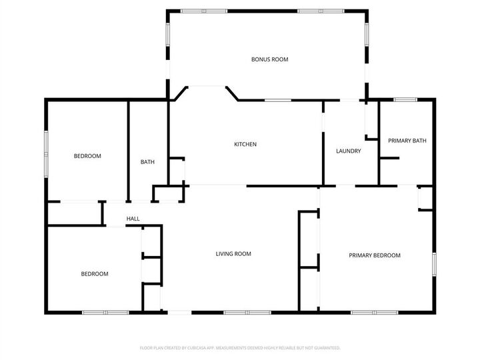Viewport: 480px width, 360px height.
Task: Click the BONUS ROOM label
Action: click(269, 59)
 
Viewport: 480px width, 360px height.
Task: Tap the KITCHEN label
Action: click(245, 144)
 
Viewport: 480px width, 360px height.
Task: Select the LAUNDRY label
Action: click(349, 151)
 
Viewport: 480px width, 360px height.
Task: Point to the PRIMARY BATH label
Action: click(407, 140)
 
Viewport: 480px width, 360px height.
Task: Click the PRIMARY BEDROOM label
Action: click(375, 255)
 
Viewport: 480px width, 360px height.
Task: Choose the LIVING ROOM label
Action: click(233, 253)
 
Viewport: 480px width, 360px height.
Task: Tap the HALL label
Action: click(133, 219)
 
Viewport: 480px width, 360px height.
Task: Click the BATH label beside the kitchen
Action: click(147, 161)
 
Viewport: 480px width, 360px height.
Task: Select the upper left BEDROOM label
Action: click(87, 156)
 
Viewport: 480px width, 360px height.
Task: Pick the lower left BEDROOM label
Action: click(95, 273)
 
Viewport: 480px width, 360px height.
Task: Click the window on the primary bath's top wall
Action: click(405, 100)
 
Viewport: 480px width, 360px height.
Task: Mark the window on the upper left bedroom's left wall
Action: click(46, 153)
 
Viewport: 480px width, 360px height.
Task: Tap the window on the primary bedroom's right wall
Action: click(433, 263)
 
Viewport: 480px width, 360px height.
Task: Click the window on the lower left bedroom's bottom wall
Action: click(105, 312)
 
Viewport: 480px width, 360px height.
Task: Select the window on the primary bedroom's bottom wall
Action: click(375, 312)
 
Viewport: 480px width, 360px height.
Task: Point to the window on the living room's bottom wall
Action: click(247, 312)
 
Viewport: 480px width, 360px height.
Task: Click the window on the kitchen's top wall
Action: click(277, 100)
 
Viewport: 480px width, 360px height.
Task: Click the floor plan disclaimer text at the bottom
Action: click(240, 347)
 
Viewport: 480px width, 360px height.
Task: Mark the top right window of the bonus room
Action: click(320, 11)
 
